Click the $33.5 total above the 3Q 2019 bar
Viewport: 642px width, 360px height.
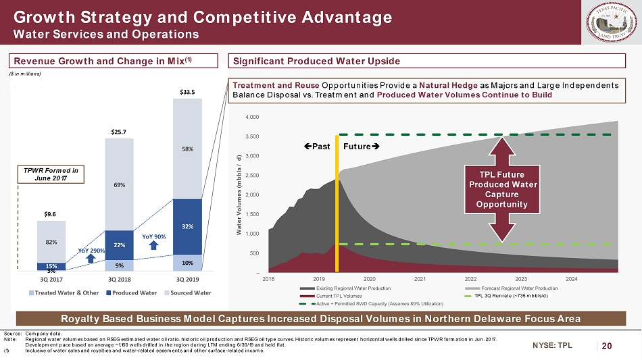[x=187, y=91]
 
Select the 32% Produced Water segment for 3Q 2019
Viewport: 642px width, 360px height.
[x=187, y=227]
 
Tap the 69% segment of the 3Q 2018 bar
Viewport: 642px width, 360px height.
[x=119, y=184]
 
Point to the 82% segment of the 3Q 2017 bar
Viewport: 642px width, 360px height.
[x=51, y=241]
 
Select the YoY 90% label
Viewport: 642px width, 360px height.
[x=154, y=236]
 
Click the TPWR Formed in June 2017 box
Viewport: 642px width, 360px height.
[x=57, y=175]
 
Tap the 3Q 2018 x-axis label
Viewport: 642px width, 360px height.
[x=119, y=278]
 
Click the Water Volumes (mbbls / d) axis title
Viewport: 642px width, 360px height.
[x=239, y=197]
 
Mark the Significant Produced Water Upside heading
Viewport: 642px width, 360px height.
[x=317, y=61]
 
